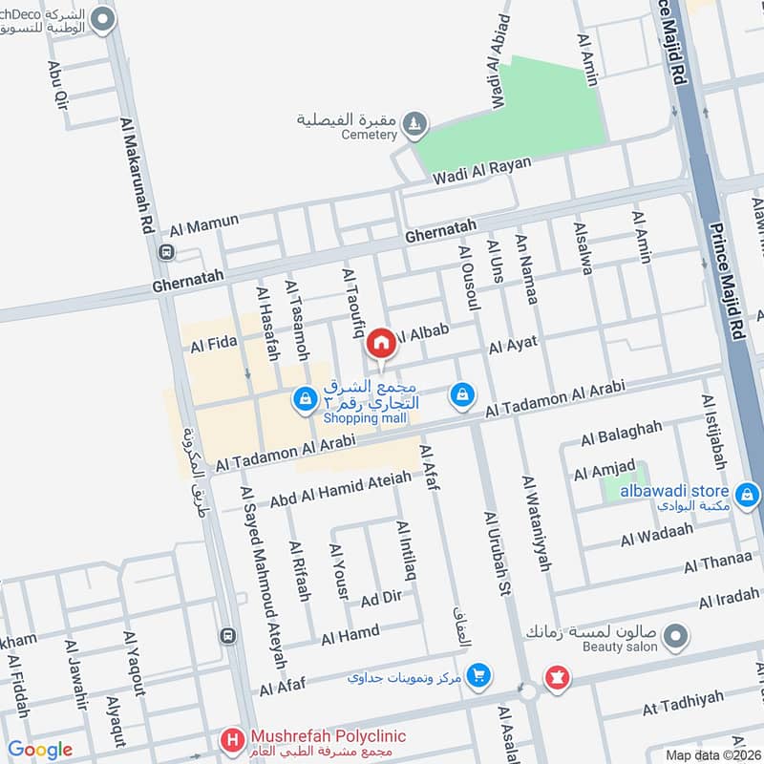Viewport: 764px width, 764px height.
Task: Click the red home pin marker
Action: tap(382, 342)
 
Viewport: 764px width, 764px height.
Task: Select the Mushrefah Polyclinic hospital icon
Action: tap(231, 738)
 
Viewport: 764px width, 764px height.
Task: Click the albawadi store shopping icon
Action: tap(748, 494)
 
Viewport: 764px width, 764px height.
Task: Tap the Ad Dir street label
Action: tap(382, 599)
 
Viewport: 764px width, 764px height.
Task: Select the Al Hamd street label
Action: tap(350, 634)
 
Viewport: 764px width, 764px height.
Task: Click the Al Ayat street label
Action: tap(513, 344)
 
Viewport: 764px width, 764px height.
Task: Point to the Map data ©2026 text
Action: tap(712, 754)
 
